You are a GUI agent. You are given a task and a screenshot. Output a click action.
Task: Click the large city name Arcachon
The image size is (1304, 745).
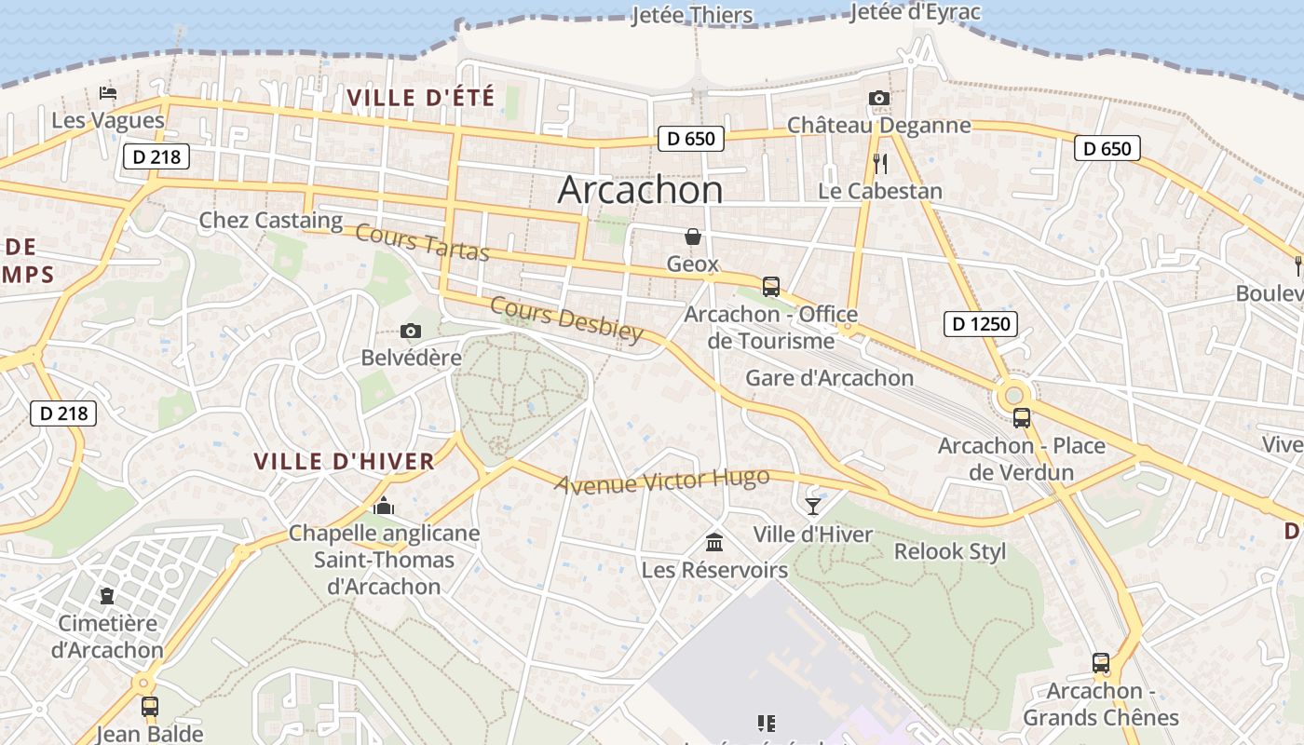click(640, 190)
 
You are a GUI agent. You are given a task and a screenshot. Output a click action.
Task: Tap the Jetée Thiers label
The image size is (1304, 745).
click(692, 16)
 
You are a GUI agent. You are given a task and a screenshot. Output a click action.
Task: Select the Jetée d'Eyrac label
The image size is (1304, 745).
click(916, 12)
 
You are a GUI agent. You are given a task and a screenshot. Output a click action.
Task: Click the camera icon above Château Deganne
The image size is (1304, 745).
click(878, 99)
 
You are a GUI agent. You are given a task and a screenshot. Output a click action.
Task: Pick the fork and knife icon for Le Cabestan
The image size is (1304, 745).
click(880, 164)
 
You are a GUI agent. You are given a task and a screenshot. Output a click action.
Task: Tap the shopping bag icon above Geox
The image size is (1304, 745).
click(693, 237)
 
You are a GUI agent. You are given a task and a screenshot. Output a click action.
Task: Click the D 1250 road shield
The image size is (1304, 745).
click(980, 324)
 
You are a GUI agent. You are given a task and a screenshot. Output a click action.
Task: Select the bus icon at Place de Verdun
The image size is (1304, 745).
click(1022, 418)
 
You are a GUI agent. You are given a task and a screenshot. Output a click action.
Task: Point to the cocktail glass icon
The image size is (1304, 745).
click(813, 506)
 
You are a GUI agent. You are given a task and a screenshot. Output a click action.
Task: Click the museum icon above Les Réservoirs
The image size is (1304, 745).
click(714, 542)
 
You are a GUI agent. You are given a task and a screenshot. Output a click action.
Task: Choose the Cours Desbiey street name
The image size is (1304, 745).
click(566, 319)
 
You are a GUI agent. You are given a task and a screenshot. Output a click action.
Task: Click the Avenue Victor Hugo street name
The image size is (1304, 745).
click(662, 481)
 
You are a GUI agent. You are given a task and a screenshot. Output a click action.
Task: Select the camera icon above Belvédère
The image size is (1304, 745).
click(410, 331)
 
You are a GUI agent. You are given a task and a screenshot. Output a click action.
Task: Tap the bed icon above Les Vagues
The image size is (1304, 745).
click(108, 93)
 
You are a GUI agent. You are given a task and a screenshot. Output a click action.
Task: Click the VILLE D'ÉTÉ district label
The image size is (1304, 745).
click(420, 97)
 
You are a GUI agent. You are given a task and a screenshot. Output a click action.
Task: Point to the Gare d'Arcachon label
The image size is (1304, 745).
click(829, 378)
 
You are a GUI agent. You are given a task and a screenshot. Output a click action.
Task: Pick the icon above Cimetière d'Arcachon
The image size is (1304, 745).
click(107, 596)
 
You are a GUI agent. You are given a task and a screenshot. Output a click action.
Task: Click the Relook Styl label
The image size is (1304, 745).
click(950, 551)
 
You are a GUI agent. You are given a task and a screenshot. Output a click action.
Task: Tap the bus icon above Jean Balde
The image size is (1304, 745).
click(150, 707)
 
